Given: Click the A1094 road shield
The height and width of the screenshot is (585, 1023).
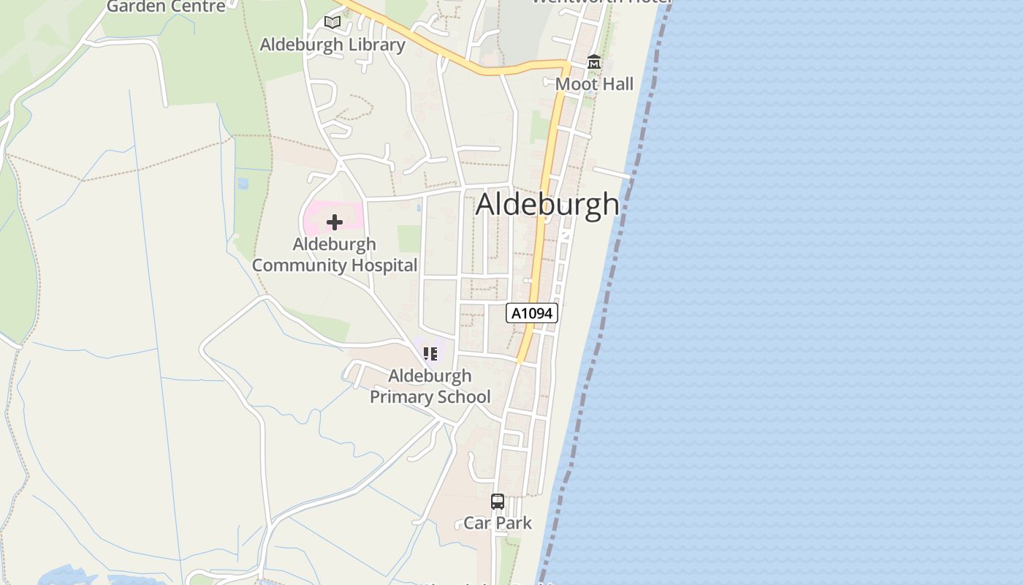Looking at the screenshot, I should coord(532,313).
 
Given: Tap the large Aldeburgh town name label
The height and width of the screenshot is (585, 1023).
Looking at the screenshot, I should coord(547,204).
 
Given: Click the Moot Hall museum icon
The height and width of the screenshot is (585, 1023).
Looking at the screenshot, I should coord(594,63).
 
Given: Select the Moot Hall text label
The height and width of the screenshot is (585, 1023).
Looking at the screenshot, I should coord(594,84).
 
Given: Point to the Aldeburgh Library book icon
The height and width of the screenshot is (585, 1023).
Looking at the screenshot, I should coord(332,23).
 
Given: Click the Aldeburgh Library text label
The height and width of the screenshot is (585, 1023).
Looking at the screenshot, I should coord(332,45).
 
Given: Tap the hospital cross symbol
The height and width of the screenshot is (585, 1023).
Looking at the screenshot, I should coord(334,222).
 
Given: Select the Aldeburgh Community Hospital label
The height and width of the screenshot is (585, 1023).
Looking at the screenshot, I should coord(335,254).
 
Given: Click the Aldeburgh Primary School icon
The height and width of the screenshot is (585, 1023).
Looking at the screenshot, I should coord(430,354).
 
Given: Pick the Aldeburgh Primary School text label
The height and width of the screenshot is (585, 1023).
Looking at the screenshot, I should coord(430,386).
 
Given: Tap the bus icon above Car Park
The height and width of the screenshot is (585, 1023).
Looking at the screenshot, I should coord(498,502).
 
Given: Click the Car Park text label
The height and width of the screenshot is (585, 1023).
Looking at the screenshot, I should coord(498,523).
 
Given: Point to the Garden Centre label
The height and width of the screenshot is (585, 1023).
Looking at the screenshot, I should coord(166,7).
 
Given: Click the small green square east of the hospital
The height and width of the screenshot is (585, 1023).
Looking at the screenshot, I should coord(409,238).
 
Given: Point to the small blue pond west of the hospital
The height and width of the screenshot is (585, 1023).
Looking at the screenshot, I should coord(243,183).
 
